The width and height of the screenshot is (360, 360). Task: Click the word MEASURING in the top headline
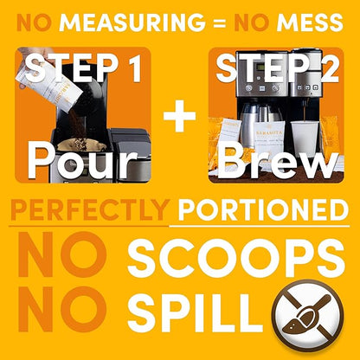[x=132, y=22]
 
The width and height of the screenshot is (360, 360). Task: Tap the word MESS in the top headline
[x=310, y=22]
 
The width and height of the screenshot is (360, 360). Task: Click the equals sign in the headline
[x=220, y=23]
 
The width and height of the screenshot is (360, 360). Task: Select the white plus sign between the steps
[x=179, y=116]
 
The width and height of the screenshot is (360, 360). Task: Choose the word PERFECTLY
[x=90, y=209]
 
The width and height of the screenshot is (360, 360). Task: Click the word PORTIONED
[x=263, y=209]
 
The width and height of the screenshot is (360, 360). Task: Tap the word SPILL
[x=196, y=312]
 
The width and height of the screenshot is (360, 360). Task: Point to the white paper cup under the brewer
[x=305, y=138]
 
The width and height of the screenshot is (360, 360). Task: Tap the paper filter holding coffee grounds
[x=81, y=145]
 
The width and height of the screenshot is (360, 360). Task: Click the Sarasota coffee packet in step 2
[x=269, y=138]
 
